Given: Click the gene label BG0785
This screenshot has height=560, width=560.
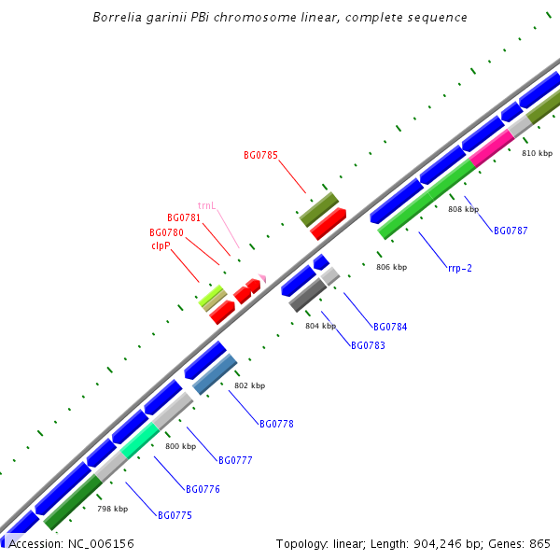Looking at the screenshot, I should (260, 155).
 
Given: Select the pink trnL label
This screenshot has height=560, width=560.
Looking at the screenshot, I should (206, 205).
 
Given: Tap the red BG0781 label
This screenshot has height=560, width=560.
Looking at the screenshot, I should (184, 217).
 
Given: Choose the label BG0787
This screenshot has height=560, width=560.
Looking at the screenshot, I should (511, 231).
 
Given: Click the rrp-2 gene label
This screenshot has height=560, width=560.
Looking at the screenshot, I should (459, 268).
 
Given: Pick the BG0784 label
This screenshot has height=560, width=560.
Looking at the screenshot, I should (390, 327).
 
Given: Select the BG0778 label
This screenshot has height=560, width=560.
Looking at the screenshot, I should (276, 424).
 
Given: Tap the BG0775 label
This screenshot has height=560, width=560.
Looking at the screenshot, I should (175, 515).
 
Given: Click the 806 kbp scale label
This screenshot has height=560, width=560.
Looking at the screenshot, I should (392, 267).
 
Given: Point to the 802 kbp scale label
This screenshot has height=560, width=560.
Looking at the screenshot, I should (249, 385).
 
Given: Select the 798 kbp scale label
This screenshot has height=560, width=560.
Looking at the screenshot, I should (112, 509).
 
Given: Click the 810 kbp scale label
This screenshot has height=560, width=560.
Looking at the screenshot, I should (537, 153).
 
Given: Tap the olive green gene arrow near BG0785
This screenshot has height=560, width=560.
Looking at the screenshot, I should (318, 209).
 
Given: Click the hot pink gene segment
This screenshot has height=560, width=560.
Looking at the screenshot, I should (492, 147).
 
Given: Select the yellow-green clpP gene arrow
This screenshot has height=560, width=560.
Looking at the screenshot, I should (213, 299).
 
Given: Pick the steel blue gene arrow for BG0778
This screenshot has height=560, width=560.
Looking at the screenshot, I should (216, 375).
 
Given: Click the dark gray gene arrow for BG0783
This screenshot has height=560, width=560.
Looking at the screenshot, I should (307, 294).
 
